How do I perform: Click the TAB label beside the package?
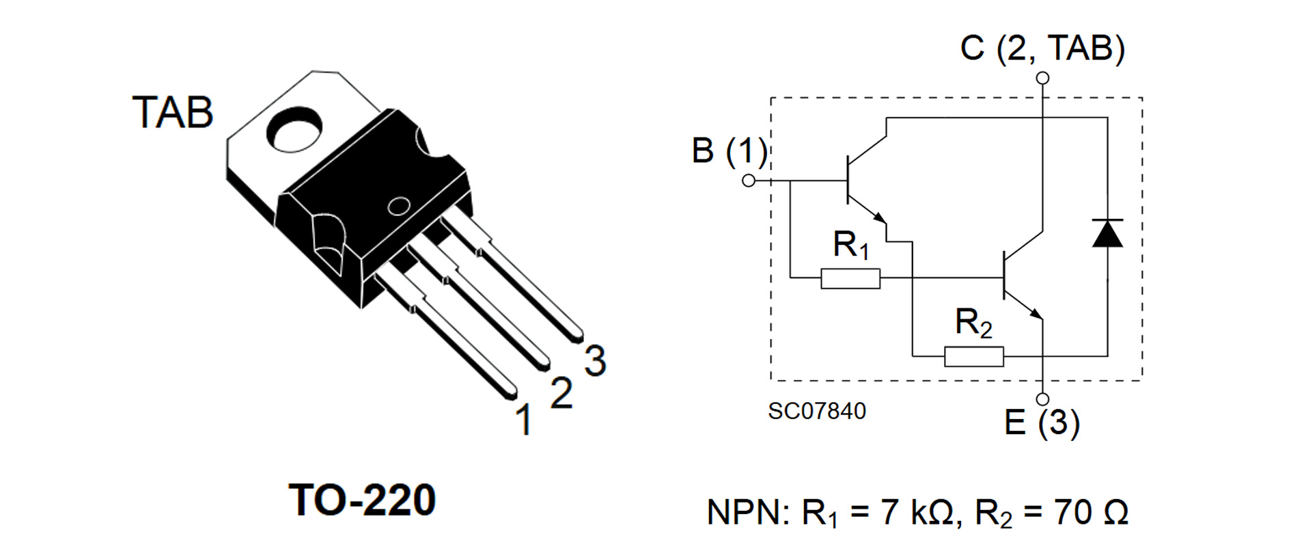pos(173,113)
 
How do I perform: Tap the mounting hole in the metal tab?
pos(295,128)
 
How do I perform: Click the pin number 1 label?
pos(524,420)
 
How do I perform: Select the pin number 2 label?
pos(561,393)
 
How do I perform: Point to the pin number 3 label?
pos(596,361)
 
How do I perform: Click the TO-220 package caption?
pos(362,500)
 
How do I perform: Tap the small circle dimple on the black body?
pos(398,206)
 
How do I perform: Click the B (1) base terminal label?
pos(729,150)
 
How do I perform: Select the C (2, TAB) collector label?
pos(1042,48)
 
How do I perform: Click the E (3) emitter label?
pos(1042,422)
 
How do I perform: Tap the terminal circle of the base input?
pos(749,181)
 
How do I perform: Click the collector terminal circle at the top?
pos(1042,79)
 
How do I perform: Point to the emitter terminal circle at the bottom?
pos(1042,399)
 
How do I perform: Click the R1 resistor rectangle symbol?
pos(850,278)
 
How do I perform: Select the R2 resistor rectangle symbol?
pos(973,356)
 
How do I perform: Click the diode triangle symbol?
pos(1107,234)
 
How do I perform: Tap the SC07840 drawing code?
pos(816,411)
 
